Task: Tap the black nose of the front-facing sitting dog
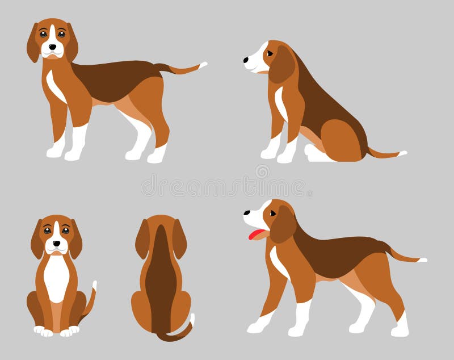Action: [x=56, y=243]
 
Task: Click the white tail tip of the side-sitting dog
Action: [x=402, y=153]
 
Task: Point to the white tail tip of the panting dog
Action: [x=422, y=260]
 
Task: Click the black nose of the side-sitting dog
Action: [x=246, y=59]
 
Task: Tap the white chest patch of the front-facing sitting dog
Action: [x=56, y=275]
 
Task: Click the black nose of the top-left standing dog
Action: [x=53, y=46]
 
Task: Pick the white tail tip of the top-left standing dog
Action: [x=203, y=65]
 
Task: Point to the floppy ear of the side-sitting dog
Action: [x=281, y=66]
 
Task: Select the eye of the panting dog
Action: [x=273, y=213]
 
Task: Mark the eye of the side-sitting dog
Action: [x=270, y=53]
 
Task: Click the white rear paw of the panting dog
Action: [x=401, y=328]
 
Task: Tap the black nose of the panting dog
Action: [x=246, y=213]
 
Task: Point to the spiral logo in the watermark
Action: [x=262, y=171]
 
